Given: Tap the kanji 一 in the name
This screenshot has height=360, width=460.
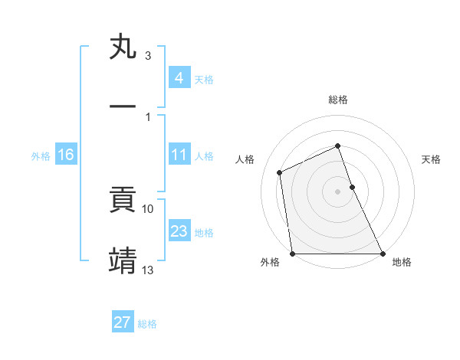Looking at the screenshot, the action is pyautogui.click(x=123, y=107).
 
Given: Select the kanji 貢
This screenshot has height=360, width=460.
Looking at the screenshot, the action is pyautogui.click(x=123, y=200).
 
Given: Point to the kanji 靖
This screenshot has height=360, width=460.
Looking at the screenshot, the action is pyautogui.click(x=123, y=260).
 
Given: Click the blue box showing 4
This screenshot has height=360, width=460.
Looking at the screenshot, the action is pyautogui.click(x=179, y=77).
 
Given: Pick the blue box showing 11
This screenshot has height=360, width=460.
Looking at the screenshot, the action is pyautogui.click(x=179, y=155).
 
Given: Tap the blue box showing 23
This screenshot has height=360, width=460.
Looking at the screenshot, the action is pyautogui.click(x=179, y=231).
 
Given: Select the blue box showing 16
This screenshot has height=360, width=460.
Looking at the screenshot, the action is pyautogui.click(x=66, y=155).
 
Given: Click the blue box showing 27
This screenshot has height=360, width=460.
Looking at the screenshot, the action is pyautogui.click(x=122, y=322).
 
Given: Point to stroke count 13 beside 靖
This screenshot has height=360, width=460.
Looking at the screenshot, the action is pyautogui.click(x=148, y=270).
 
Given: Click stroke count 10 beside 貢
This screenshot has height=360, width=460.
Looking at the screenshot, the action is pyautogui.click(x=148, y=208).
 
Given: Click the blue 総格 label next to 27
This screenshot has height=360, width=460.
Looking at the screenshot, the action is pyautogui.click(x=147, y=324).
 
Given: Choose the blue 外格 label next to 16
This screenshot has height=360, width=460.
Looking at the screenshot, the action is pyautogui.click(x=41, y=156).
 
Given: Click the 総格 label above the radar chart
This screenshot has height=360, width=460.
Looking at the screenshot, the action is pyautogui.click(x=338, y=100).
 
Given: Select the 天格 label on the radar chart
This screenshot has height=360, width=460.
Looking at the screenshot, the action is pyautogui.click(x=432, y=159).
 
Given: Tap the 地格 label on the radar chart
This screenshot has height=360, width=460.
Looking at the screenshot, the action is pyautogui.click(x=402, y=262).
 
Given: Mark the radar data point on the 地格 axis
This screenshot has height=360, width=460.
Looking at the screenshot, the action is pyautogui.click(x=383, y=254).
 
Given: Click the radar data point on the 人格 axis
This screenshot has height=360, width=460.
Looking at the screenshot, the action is pyautogui.click(x=280, y=172).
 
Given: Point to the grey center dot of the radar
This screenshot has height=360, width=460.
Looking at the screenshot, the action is pyautogui.click(x=338, y=191).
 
